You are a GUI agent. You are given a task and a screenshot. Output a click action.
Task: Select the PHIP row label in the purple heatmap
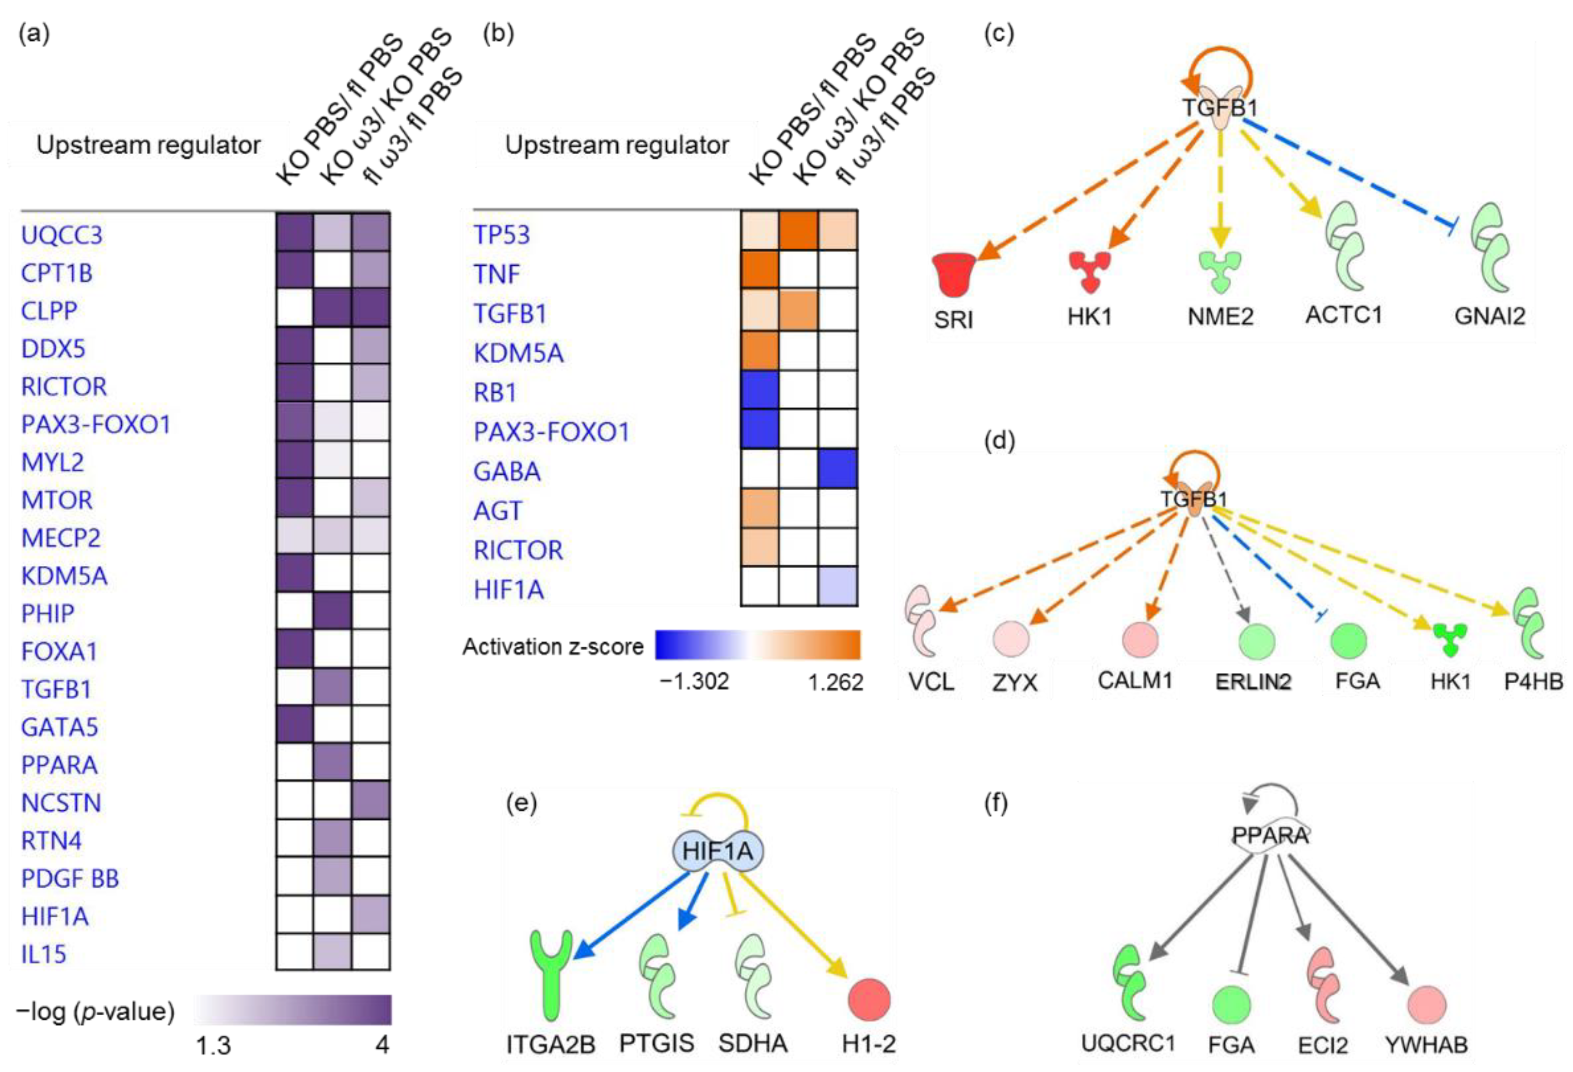(x=48, y=613)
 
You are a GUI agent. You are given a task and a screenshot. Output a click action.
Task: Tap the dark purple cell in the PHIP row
(x=332, y=611)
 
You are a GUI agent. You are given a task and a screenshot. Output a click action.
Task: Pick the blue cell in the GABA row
(x=838, y=468)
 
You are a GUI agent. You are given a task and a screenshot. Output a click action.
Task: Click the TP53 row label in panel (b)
(x=501, y=234)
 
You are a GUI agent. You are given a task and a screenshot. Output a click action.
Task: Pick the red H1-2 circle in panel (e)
(x=869, y=1000)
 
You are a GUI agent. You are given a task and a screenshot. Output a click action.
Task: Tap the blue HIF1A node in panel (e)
(x=718, y=851)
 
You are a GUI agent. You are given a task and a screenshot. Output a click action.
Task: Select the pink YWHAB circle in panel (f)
(x=1427, y=1005)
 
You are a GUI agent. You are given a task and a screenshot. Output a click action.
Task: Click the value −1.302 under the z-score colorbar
(x=694, y=682)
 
